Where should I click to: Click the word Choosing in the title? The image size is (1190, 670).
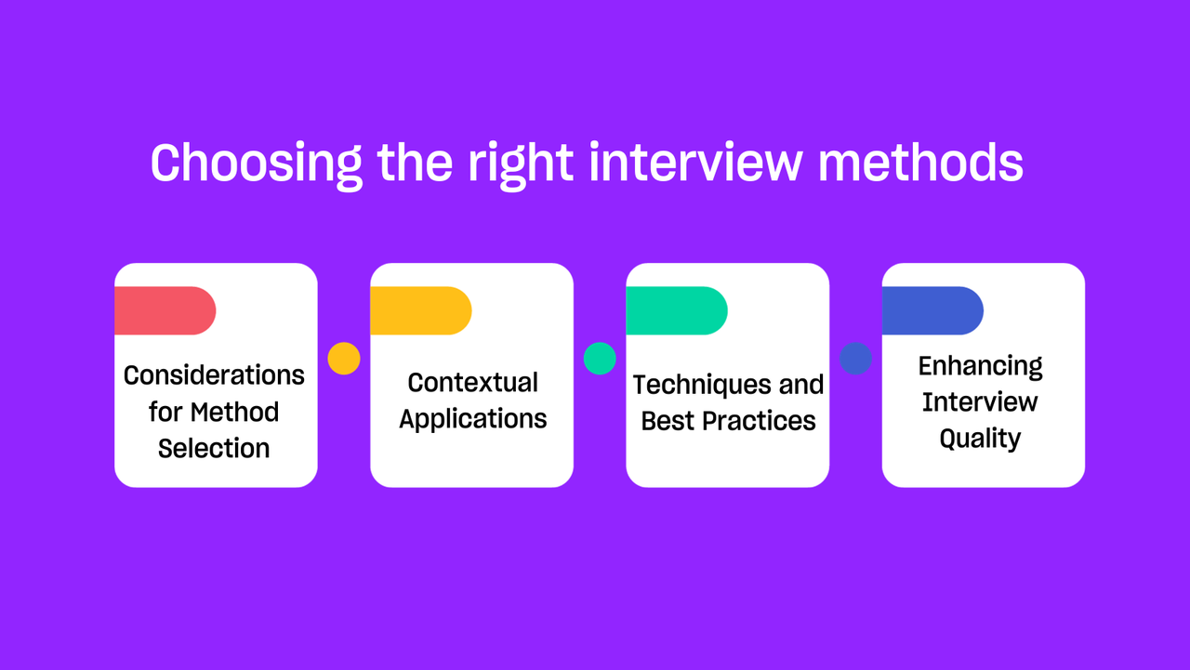(257, 164)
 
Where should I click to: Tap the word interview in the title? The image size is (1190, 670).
(694, 162)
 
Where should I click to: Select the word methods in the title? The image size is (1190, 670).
(920, 162)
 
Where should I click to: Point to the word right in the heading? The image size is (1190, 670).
(520, 165)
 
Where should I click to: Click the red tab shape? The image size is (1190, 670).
(165, 310)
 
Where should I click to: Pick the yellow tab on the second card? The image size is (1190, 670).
(421, 310)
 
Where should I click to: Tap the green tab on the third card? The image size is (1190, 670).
(677, 310)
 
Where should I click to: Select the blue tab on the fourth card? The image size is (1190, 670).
(932, 310)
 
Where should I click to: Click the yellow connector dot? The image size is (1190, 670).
(344, 359)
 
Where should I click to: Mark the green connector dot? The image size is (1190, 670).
(600, 359)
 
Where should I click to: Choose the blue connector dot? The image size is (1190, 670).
(855, 359)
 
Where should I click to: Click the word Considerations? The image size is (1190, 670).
(214, 375)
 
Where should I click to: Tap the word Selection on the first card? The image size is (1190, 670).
(214, 449)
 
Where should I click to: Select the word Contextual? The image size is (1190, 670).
(473, 382)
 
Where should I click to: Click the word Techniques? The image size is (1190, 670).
(701, 386)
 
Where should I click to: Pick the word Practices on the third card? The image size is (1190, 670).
(759, 421)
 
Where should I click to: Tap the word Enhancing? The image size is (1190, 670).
(981, 367)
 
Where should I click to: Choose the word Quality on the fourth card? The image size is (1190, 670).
(981, 439)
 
